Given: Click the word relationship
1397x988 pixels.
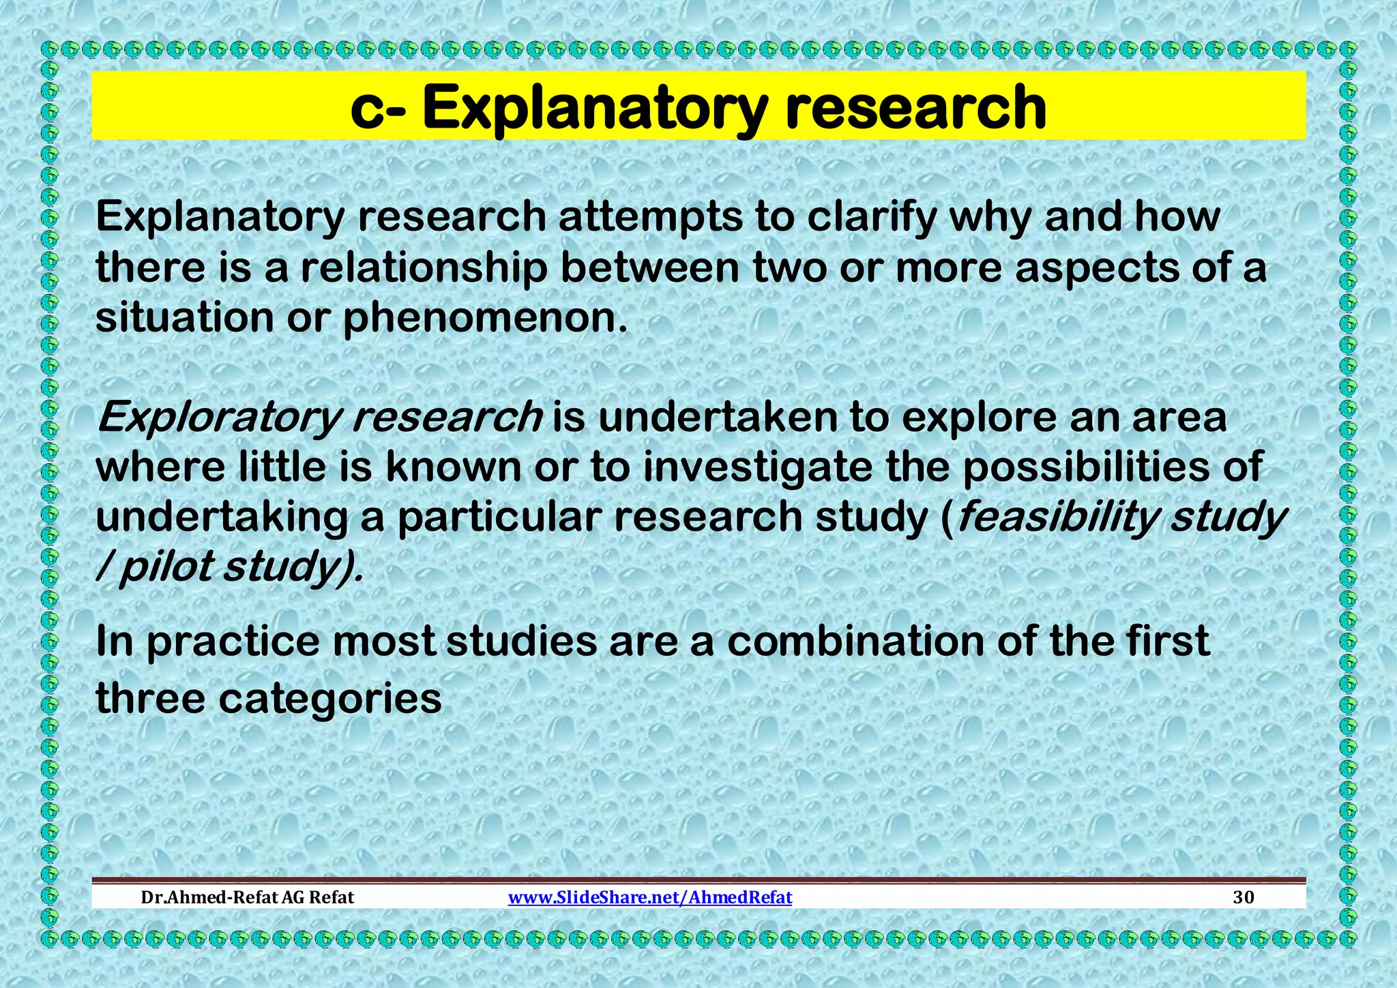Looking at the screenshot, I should tap(424, 267).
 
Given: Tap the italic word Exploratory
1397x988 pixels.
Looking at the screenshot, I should tap(217, 418).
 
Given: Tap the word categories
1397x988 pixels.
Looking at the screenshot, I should tap(330, 699).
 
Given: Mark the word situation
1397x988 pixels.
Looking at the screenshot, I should tap(184, 318).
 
